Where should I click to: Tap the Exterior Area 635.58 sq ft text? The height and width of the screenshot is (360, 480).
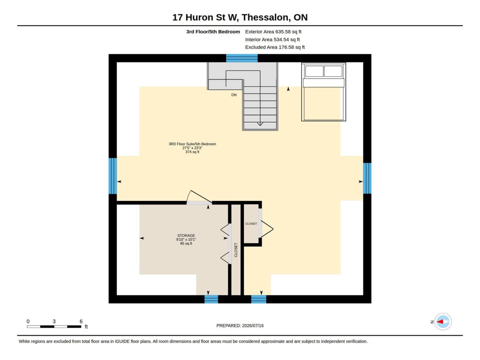point(273,31)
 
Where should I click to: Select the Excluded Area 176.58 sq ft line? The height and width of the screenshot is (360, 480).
point(275,47)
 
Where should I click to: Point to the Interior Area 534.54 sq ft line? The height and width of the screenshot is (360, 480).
point(272,39)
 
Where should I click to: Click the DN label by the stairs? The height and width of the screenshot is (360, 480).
point(234,95)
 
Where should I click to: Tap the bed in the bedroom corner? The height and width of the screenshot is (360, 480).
point(324,92)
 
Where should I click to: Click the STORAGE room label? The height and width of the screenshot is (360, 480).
point(186,235)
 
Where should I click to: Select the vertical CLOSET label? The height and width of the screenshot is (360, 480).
point(236,250)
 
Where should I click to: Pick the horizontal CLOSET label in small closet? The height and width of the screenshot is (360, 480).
point(251,224)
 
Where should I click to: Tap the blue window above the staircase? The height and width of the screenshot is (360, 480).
point(242,58)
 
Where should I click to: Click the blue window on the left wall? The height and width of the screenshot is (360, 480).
point(112,176)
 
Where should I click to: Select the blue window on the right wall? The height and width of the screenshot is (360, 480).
point(367,178)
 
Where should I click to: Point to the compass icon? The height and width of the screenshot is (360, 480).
point(443,322)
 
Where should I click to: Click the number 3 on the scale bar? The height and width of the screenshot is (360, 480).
point(54,321)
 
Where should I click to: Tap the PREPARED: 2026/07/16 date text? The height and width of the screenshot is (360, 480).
point(240,326)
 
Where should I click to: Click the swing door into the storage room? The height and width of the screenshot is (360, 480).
point(199,198)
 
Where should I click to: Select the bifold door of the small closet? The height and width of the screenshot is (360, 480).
point(266,229)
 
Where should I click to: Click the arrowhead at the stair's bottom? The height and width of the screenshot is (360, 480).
point(260,124)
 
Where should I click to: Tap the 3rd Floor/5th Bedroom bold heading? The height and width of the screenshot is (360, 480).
point(213,31)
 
